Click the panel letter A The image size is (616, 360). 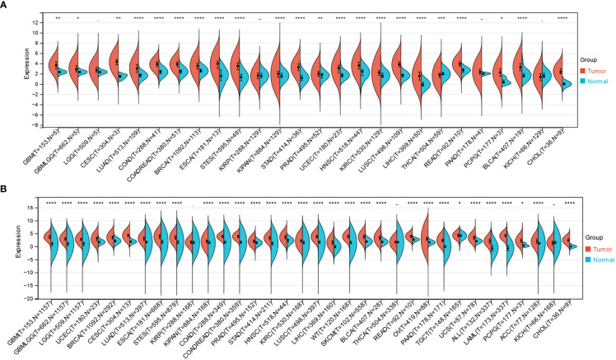point(6,6)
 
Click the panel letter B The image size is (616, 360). point(6,190)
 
